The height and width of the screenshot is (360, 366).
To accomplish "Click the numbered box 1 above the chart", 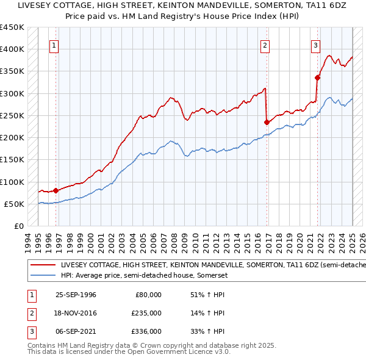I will pyautogui.click(x=54, y=45).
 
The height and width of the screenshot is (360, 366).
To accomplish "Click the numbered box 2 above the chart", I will pyautogui.click(x=265, y=45).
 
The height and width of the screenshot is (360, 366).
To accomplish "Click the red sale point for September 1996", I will pyautogui.click(x=56, y=190).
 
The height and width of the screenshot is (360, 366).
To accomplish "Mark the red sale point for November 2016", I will pyautogui.click(x=267, y=122).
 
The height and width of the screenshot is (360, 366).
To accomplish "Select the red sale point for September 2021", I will pyautogui.click(x=317, y=77).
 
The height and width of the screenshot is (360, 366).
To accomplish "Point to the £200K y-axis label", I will pyautogui.click(x=12, y=138).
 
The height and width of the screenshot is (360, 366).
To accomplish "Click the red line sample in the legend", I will pyautogui.click(x=43, y=265).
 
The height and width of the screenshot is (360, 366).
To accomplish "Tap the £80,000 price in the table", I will pyautogui.click(x=148, y=295).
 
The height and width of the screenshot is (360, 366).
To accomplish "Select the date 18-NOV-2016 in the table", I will pyautogui.click(x=76, y=313).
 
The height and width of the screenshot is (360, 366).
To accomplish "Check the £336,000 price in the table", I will pyautogui.click(x=146, y=331).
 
